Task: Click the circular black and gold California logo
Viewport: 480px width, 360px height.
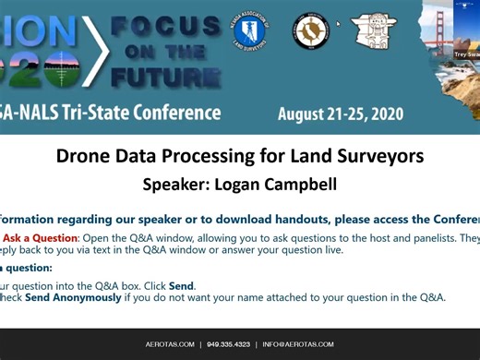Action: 311,32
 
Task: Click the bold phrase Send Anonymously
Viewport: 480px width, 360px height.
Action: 73,297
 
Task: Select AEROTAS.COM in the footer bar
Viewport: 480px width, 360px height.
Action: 169,344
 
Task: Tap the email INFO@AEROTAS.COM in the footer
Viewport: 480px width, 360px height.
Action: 298,344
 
